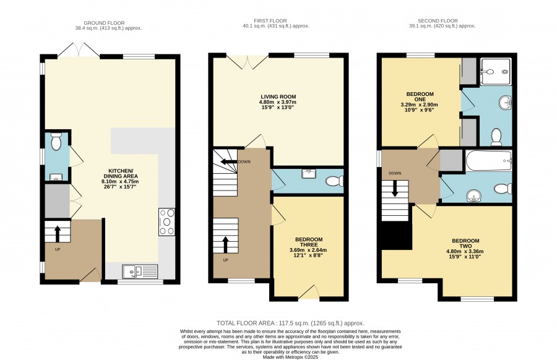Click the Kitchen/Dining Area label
coord(119,176)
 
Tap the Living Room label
coord(278,102)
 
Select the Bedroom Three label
coord(308,247)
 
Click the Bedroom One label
coord(420,102)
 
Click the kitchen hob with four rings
coord(166,222)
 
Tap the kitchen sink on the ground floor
coord(140,272)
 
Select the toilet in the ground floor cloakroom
coord(56,142)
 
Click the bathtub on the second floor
coord(489,161)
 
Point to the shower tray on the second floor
coord(496,72)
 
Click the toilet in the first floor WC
coord(335,181)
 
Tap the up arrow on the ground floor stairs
coord(57,233)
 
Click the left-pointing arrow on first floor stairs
coord(230,162)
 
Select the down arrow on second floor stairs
coord(395,189)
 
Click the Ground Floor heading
coord(104,23)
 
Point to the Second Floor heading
coord(438,20)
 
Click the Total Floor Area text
coord(291,323)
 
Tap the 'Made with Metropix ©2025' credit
coord(290,357)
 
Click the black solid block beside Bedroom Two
coord(397,235)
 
